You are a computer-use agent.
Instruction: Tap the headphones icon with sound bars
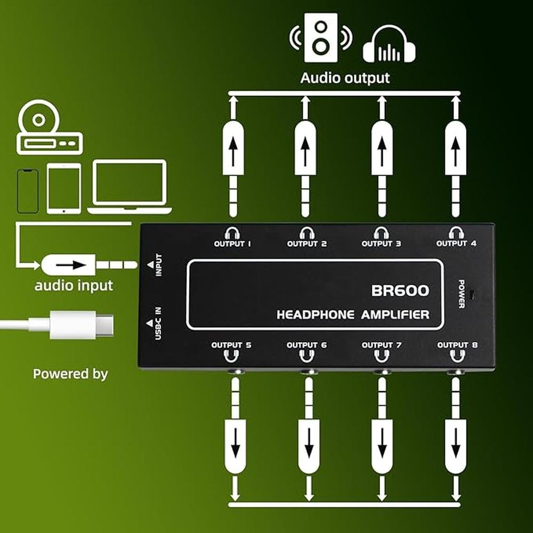pyautogui.click(x=389, y=46)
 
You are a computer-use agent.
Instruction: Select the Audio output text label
pyautogui.click(x=345, y=78)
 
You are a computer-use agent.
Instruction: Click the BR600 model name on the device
pyautogui.click(x=400, y=291)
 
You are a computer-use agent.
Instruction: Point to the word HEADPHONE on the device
pyautogui.click(x=315, y=314)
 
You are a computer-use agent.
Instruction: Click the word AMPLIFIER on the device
pyautogui.click(x=395, y=314)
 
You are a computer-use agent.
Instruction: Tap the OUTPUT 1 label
pyautogui.click(x=232, y=244)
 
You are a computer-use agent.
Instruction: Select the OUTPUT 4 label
pyautogui.click(x=456, y=244)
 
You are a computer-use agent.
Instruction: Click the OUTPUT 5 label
pyautogui.click(x=231, y=345)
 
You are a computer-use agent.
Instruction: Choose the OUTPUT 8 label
pyautogui.click(x=457, y=345)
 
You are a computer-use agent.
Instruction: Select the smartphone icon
pyautogui.click(x=28, y=191)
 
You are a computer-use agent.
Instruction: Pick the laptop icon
pyautogui.click(x=130, y=187)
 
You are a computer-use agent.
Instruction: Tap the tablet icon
pyautogui.click(x=64, y=189)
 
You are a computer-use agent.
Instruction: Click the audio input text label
pyautogui.click(x=74, y=286)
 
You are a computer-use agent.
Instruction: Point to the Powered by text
pyautogui.click(x=70, y=374)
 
